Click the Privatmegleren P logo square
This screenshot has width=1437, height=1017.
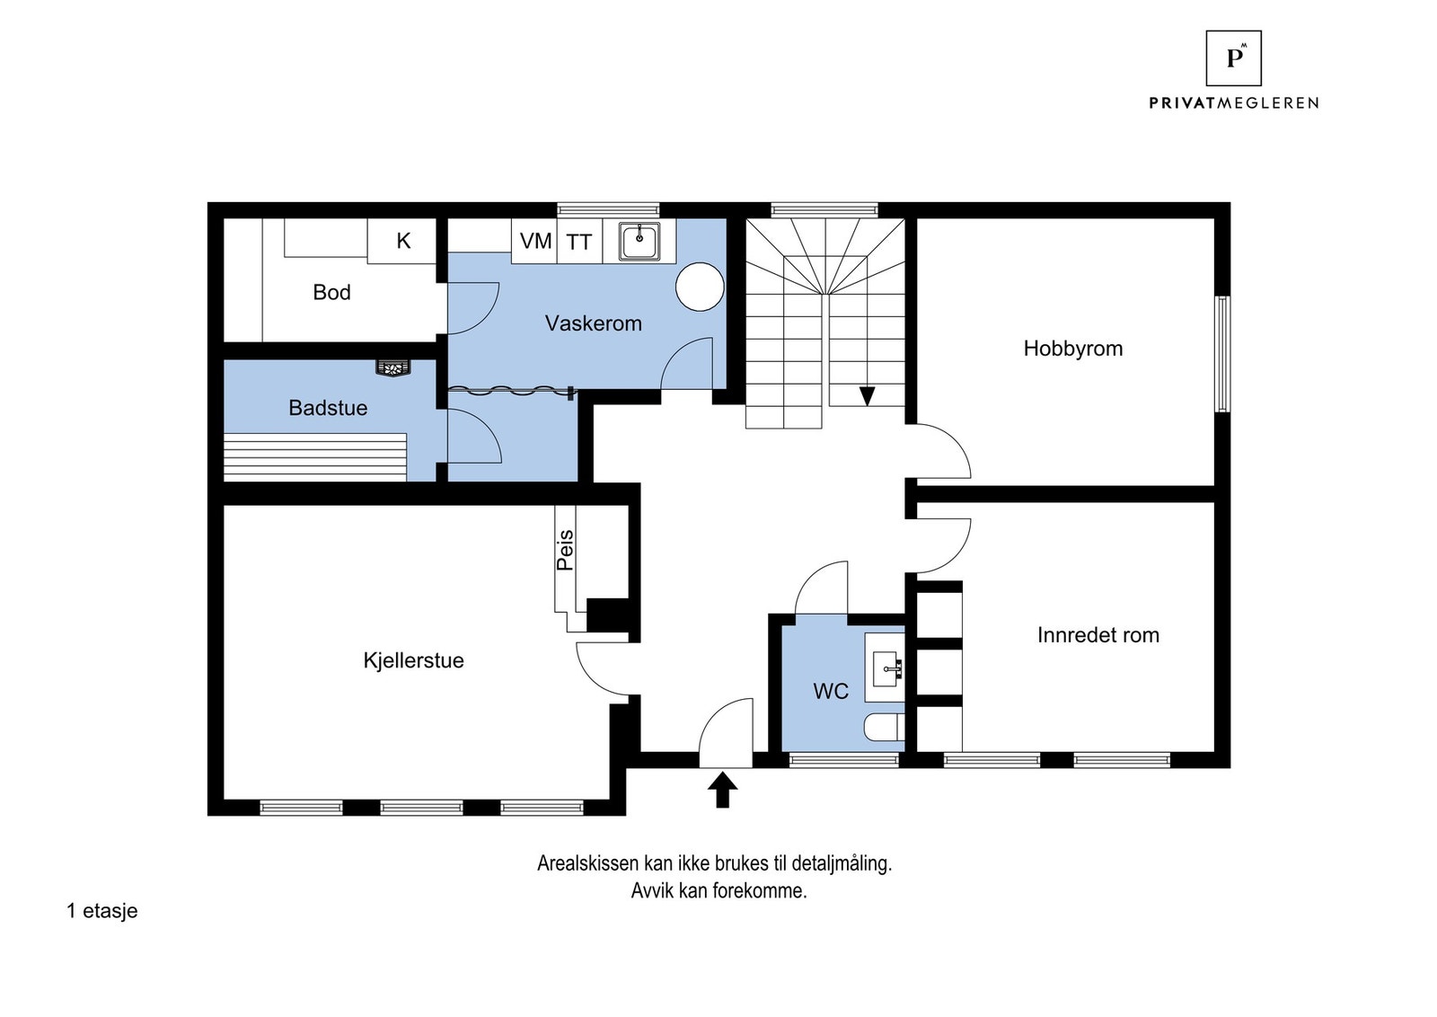tap(1233, 57)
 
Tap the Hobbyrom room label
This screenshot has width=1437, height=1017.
tap(1072, 349)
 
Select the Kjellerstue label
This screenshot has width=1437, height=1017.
tap(413, 660)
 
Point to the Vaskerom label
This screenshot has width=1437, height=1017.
tap(594, 323)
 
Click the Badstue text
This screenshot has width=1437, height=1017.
tap(328, 408)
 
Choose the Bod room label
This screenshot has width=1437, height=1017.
tap(331, 292)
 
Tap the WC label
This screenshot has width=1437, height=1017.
tap(831, 691)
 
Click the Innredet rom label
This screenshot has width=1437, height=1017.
tap(1098, 634)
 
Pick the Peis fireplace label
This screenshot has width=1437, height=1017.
tap(565, 550)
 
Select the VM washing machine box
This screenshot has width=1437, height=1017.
tap(534, 241)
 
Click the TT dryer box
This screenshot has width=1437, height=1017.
tap(579, 241)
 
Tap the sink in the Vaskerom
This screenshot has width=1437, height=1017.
tap(639, 242)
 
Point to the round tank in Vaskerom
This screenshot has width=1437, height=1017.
tap(700, 287)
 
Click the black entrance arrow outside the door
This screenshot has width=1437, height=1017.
tap(722, 789)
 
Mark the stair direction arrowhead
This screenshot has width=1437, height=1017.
tap(867, 396)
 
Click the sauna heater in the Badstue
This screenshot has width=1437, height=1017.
tap(393, 367)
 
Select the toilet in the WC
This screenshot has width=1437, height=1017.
tap(884, 728)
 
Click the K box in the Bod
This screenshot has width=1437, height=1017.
tap(402, 241)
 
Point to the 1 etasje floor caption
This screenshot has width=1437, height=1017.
tap(102, 910)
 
